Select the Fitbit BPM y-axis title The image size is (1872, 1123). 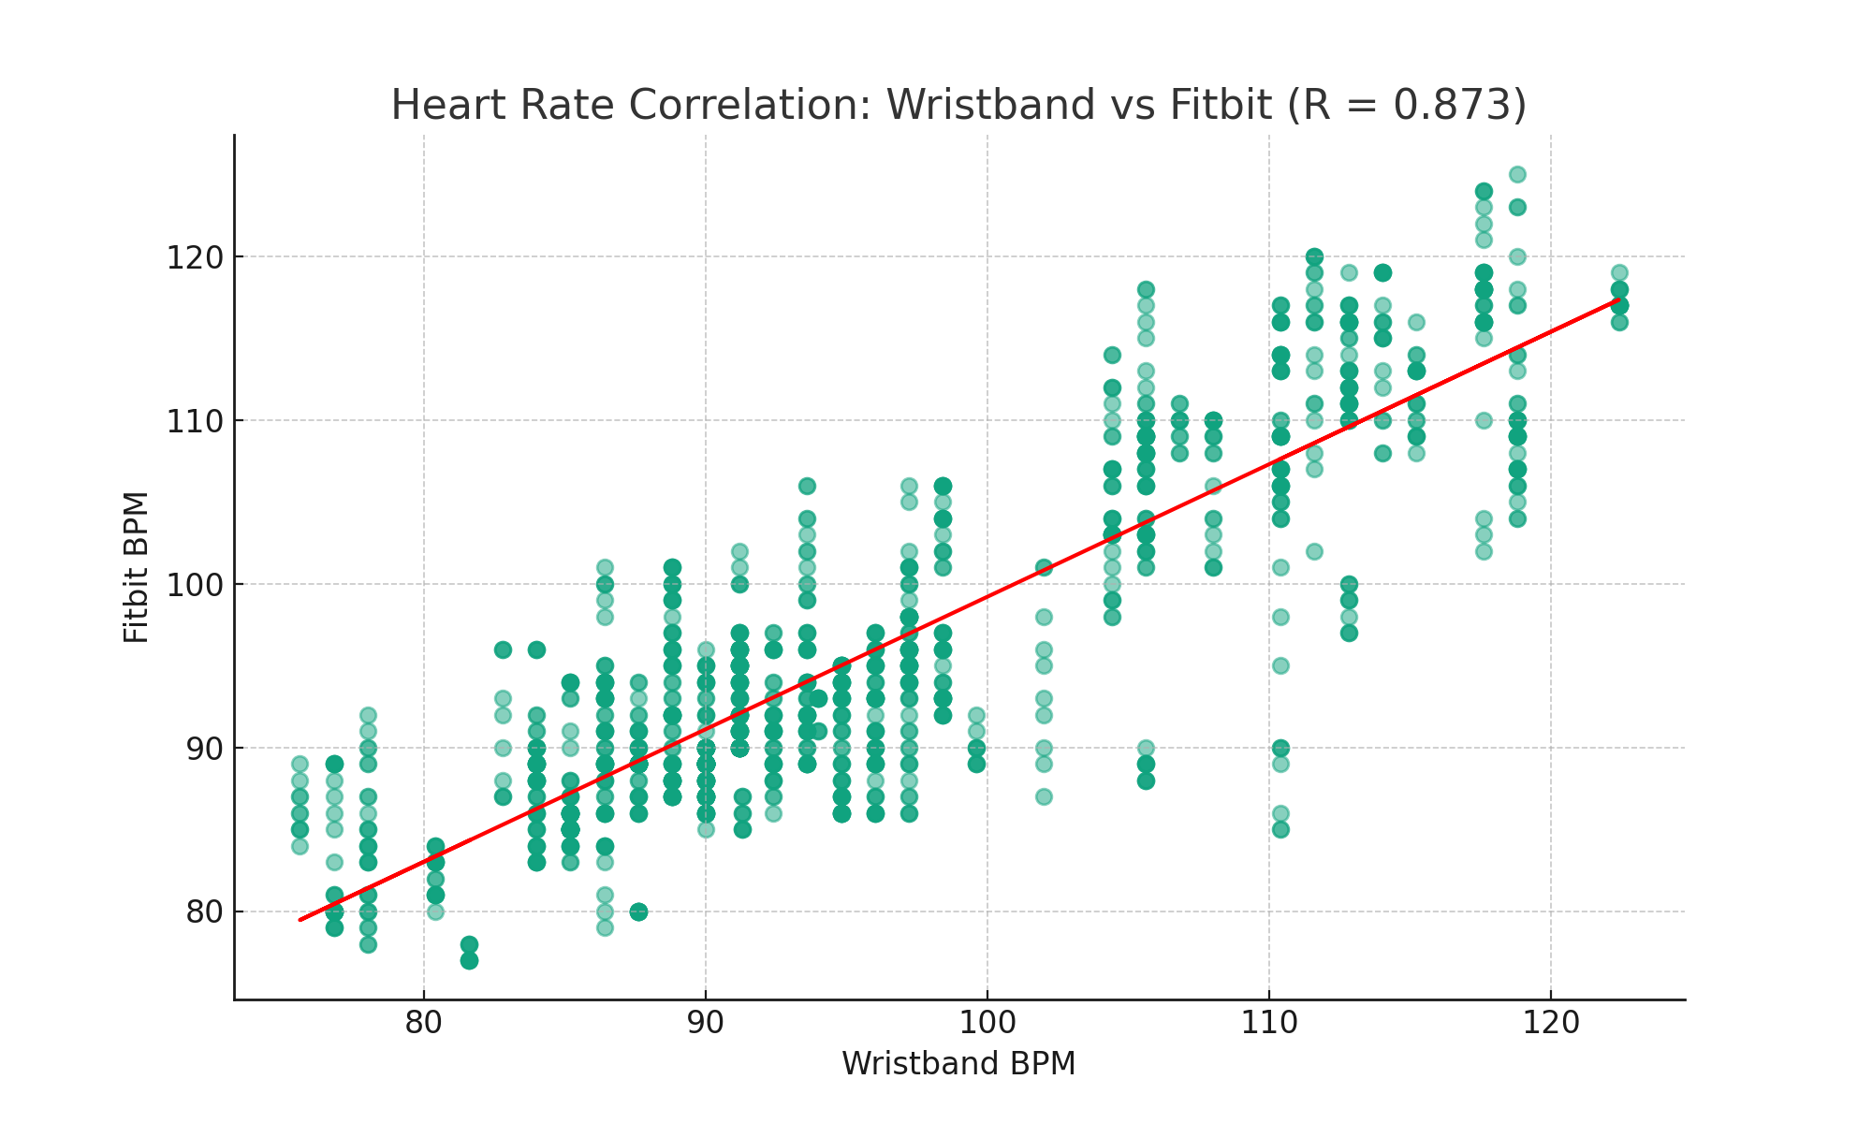[137, 567]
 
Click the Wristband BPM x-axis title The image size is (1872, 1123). [958, 1064]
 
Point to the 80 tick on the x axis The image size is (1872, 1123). [424, 1023]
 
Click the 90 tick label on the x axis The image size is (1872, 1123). [706, 1023]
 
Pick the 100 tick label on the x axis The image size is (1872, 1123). [987, 1023]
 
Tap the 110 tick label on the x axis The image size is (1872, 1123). [1269, 1023]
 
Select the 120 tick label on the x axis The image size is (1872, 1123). [1551, 1023]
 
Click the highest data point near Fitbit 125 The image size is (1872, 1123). [1517, 175]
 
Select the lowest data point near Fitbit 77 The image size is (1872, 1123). [469, 960]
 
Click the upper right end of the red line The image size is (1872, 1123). [1618, 299]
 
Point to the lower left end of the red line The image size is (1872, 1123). [300, 920]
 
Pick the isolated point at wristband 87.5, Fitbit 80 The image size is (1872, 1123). [638, 912]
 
